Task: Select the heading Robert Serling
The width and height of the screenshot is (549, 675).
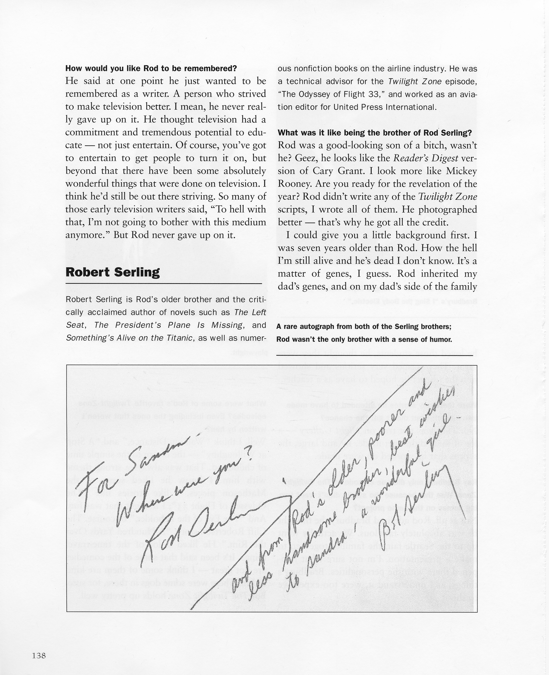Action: coord(112,272)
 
